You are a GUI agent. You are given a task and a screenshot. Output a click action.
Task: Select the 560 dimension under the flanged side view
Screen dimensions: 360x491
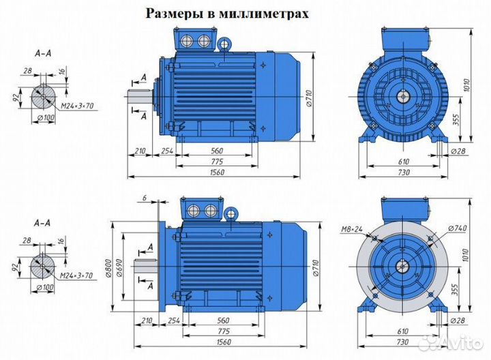click(217, 319)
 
